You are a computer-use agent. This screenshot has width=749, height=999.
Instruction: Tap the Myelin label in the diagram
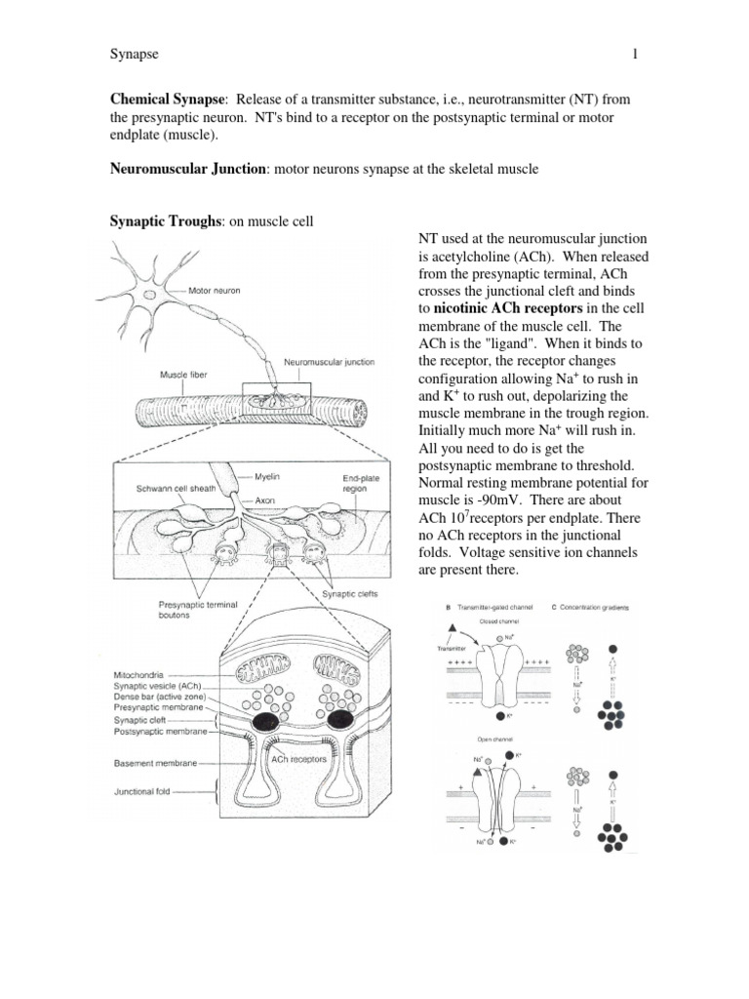coord(269,477)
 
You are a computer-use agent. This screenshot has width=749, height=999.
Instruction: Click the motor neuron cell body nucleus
coord(149,294)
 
